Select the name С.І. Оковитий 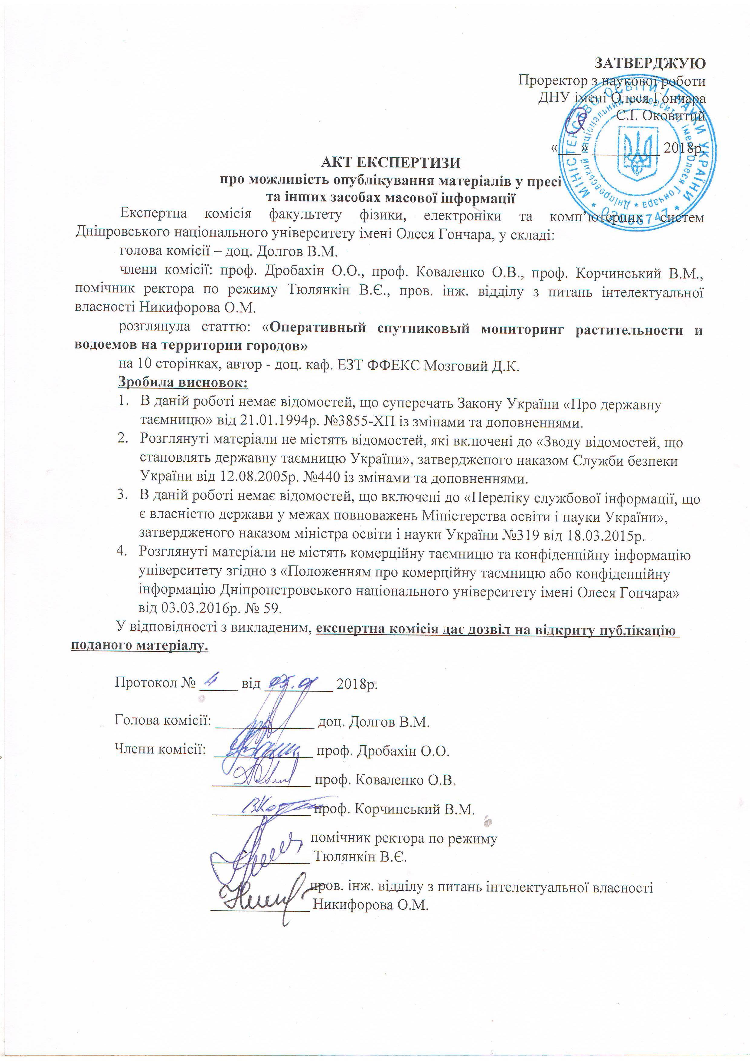point(661,116)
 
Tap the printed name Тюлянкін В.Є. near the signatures point(360,857)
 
